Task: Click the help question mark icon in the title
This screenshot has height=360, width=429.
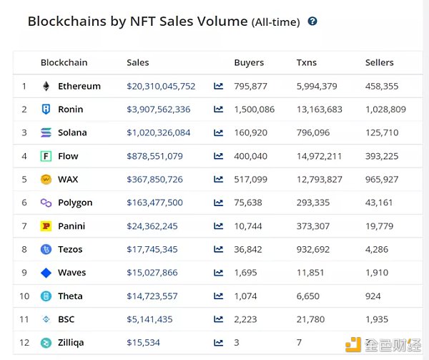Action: click(x=312, y=21)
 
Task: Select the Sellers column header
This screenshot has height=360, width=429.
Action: click(x=379, y=62)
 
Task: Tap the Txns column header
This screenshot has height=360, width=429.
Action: click(x=307, y=62)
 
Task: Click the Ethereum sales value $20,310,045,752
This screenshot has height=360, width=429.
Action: click(x=161, y=86)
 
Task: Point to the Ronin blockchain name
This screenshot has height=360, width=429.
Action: click(x=71, y=110)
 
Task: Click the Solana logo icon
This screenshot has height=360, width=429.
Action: click(x=46, y=132)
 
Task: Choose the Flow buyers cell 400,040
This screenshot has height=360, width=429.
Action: click(x=250, y=156)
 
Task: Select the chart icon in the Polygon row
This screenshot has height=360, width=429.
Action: click(x=219, y=203)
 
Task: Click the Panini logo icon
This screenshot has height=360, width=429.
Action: click(x=46, y=226)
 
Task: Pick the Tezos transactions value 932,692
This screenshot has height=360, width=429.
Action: click(x=313, y=249)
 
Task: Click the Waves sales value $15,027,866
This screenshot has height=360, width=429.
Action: click(x=152, y=273)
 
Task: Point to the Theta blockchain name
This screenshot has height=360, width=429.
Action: click(x=70, y=296)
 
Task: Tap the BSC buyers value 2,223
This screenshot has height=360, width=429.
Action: click(x=245, y=319)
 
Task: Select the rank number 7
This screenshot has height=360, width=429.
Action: click(x=24, y=226)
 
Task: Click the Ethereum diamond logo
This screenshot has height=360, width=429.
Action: click(x=46, y=86)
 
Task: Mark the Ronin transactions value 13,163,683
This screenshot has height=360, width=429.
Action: click(x=319, y=110)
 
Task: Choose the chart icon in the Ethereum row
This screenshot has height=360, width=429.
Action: click(x=219, y=86)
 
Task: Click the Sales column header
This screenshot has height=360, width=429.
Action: click(x=138, y=62)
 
